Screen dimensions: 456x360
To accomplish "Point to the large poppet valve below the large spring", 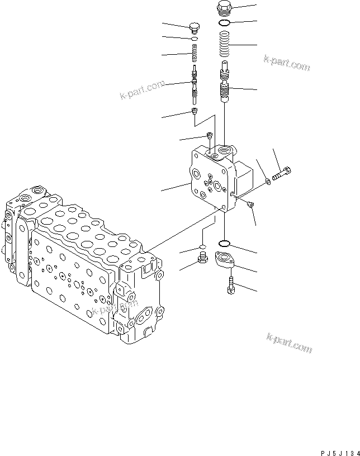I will point(225,84).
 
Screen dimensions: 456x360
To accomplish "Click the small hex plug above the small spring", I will point(195,28).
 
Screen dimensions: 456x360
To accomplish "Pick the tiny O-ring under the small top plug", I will point(194,39).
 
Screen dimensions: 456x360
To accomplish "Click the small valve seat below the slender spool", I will point(195,113).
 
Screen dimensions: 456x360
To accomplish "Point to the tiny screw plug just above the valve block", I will point(209,135).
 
